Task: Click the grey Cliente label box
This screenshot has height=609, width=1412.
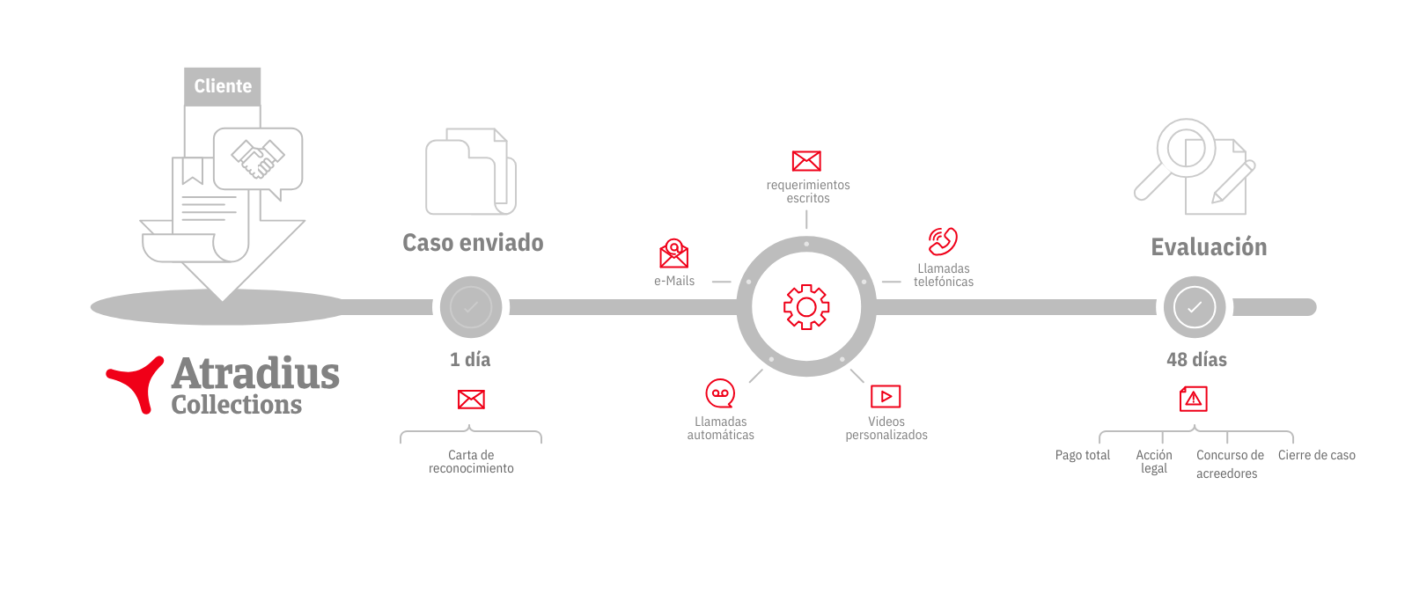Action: pos(223,86)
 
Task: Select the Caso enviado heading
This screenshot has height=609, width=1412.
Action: pos(473,243)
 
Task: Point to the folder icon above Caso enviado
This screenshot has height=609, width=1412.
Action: pos(471,172)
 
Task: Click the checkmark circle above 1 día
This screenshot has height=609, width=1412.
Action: pos(471,307)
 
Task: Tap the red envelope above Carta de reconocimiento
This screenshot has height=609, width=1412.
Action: pos(471,399)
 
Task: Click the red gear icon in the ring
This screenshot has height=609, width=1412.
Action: pos(806,307)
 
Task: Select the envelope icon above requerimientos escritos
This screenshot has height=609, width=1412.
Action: pos(806,161)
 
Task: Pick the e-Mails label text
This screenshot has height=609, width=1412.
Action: pos(673,281)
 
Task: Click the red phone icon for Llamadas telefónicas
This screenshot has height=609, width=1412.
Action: pos(943,241)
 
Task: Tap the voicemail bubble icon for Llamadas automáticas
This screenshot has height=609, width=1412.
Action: pos(720,393)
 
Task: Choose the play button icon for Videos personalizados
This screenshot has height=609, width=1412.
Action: pos(886,397)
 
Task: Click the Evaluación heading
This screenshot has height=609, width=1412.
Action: pos(1209,247)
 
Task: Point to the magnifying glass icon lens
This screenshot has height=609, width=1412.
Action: pos(1187,148)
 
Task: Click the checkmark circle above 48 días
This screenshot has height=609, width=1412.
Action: pos(1194,307)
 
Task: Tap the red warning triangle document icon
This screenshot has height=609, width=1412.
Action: pos(1194,399)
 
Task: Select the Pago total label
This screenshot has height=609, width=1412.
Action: pos(1082,455)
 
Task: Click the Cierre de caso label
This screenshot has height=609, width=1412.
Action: pos(1316,455)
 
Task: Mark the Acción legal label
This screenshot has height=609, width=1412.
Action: pos(1153,461)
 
